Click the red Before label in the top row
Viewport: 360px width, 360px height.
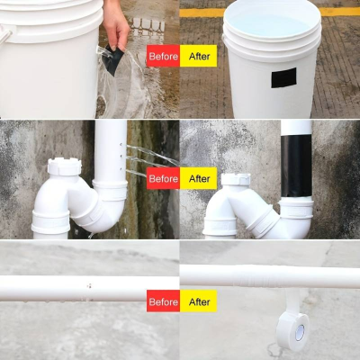coord(163,56)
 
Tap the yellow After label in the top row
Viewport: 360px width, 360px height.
coord(197,56)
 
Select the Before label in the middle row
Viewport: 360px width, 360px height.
coord(163,178)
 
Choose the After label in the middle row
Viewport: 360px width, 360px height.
coord(197,178)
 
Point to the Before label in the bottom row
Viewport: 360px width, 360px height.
coord(163,301)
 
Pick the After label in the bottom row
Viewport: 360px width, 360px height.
coord(197,301)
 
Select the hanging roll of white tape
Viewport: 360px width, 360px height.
coord(292,328)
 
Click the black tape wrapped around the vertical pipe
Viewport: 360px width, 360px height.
coord(296,166)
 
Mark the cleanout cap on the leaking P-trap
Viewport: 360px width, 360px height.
coord(63,167)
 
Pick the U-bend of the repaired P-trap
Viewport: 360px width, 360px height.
coord(261,220)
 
